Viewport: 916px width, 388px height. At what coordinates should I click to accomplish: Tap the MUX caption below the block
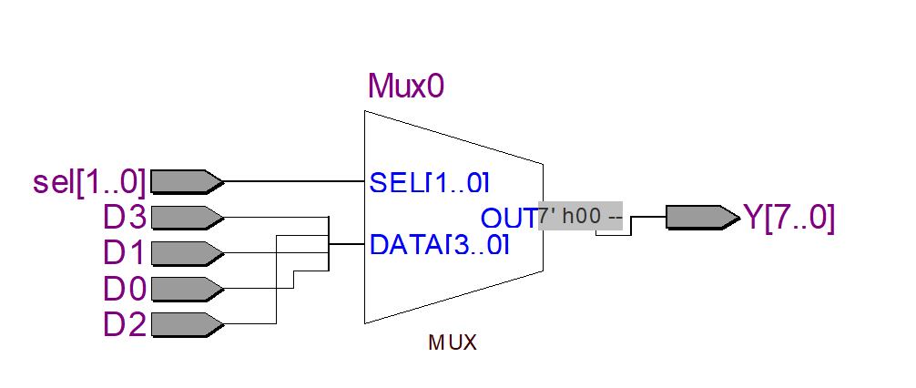[x=453, y=343]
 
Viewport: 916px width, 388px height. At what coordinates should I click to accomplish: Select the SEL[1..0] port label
[x=430, y=182]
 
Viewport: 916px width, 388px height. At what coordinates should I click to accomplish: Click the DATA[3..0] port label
[x=439, y=245]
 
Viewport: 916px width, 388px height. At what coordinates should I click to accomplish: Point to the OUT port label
[x=508, y=219]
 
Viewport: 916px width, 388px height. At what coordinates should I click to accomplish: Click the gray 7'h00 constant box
[x=580, y=217]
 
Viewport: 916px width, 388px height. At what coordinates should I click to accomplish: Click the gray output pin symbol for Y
[x=701, y=217]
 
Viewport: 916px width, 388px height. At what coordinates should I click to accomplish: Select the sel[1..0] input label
[x=88, y=182]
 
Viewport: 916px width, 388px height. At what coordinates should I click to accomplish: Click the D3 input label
[x=125, y=218]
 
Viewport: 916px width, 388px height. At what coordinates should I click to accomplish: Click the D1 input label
[x=125, y=253]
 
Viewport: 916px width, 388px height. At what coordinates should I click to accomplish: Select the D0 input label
[x=125, y=289]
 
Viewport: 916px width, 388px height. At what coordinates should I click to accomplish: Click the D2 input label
[x=125, y=323]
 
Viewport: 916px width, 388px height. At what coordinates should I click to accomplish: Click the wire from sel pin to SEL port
[x=291, y=181]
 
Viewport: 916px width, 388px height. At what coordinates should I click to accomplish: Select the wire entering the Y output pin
[x=648, y=217]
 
